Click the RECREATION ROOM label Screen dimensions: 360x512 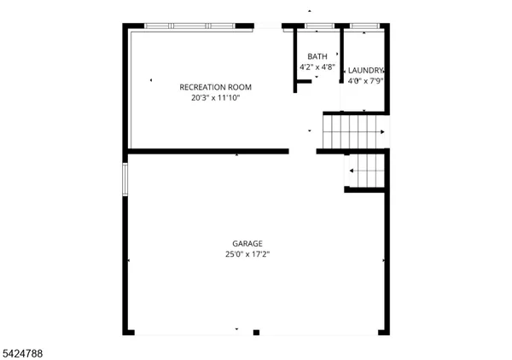tap(215, 87)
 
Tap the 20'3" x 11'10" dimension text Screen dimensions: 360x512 tap(215, 98)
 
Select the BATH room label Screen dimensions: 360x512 tap(317, 56)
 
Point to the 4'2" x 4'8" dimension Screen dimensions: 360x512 tap(317, 67)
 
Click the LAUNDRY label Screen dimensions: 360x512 tap(365, 71)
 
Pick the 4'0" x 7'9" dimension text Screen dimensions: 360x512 tap(365, 81)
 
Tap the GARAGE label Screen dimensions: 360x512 tap(247, 243)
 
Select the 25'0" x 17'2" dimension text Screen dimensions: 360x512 tap(247, 253)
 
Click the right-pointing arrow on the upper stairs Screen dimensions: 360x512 tap(382, 132)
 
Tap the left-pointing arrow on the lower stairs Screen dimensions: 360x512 tap(352, 171)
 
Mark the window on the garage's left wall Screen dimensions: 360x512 tap(125, 180)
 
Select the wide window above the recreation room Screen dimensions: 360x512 tap(189, 26)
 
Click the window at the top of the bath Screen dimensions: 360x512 tap(318, 26)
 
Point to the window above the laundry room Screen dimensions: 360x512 tap(364, 26)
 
